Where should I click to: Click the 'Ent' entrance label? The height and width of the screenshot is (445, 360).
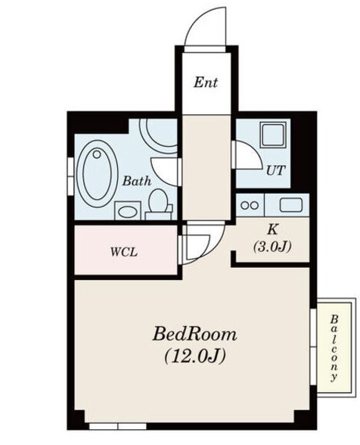pos(205,82)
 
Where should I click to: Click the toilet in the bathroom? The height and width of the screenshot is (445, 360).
pos(159,202)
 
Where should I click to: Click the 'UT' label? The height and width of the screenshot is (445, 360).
pos(275,170)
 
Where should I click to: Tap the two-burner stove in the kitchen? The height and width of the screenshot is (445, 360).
pos(249,204)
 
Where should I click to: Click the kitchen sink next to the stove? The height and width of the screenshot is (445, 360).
pos(290,204)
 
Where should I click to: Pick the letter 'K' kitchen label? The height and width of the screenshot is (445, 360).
pos(271,229)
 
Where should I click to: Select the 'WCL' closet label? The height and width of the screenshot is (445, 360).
pos(124,252)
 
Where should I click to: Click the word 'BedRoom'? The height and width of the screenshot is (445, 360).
pos(195,334)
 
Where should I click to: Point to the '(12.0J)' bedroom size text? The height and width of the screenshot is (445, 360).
pos(195,354)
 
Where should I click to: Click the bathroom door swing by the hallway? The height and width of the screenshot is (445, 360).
pos(165,166)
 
